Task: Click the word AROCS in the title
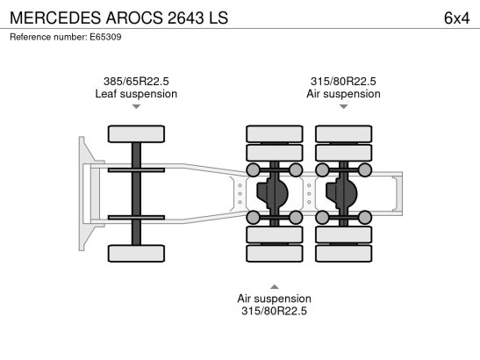[134, 18]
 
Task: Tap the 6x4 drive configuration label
[456, 18]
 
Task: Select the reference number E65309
[105, 37]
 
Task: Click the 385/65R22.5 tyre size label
[136, 81]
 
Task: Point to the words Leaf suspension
[136, 94]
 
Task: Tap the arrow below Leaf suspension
[136, 106]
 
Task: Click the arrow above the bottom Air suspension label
[275, 287]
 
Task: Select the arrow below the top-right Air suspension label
[344, 106]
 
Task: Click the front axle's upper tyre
[136, 133]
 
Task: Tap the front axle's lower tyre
[136, 254]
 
